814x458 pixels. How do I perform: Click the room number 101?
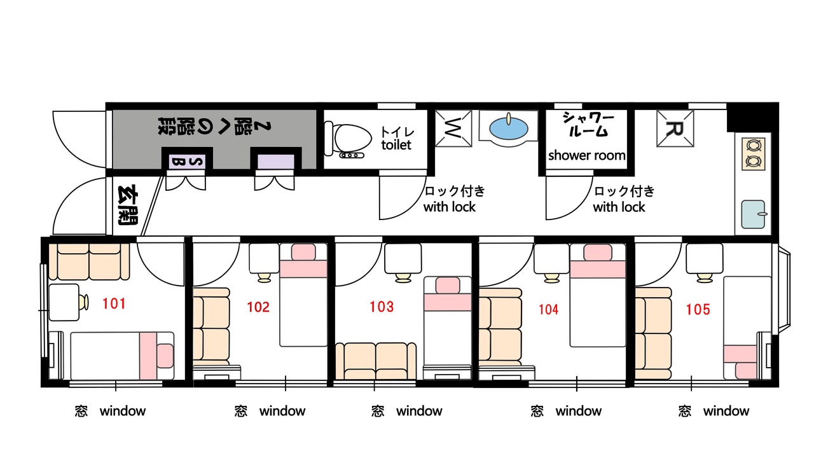point(114,303)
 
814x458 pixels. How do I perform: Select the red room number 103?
point(382,307)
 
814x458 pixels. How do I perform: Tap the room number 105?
point(698,309)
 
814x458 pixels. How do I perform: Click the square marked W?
point(453,128)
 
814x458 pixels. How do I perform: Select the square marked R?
point(675,128)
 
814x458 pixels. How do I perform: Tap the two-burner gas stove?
point(754,154)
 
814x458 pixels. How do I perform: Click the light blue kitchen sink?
point(754,214)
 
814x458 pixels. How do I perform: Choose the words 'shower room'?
point(587,155)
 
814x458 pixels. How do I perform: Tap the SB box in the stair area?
point(187,162)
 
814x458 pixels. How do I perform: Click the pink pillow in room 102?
point(303,251)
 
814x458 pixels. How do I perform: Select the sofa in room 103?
point(376,361)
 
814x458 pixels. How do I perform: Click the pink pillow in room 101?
point(165,356)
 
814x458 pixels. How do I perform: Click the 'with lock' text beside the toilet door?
point(450,207)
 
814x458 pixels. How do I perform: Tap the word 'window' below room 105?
point(726,411)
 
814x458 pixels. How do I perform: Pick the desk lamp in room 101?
point(83,302)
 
